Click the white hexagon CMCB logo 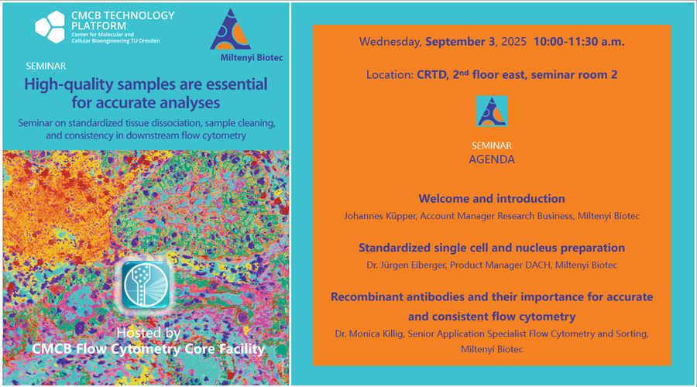[50, 26]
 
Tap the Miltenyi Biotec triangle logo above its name [231, 29]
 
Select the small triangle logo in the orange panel [492, 111]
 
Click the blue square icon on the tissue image [146, 285]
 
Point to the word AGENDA [492, 159]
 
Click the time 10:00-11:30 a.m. [579, 42]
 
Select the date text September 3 [460, 42]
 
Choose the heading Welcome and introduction [492, 199]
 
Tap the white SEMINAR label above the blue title [46, 67]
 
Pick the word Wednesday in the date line [390, 43]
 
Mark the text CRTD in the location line [432, 74]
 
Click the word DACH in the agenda [538, 265]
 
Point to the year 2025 [514, 42]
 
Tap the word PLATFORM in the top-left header [98, 26]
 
